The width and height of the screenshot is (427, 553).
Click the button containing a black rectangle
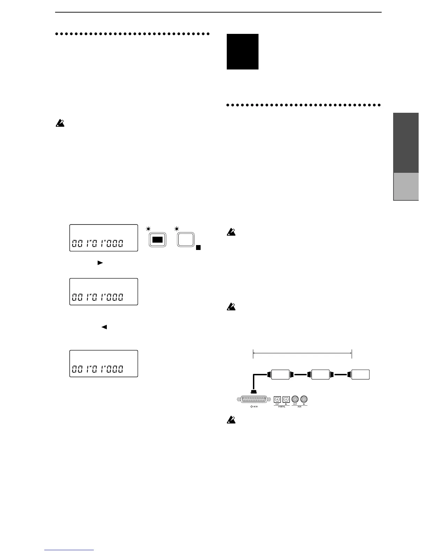click(x=157, y=240)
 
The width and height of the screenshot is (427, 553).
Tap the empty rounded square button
click(x=186, y=240)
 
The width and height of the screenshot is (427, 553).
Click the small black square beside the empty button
click(x=198, y=248)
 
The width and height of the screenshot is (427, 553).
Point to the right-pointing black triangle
click(x=100, y=263)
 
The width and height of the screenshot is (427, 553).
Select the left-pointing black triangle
click(x=104, y=327)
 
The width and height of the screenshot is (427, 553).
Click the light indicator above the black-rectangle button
click(x=149, y=229)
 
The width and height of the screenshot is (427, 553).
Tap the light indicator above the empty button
click(x=177, y=229)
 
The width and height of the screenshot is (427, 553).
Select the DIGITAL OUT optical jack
click(x=277, y=399)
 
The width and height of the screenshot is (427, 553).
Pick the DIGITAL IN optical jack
click(x=286, y=399)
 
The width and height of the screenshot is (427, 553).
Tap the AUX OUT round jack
click(x=295, y=399)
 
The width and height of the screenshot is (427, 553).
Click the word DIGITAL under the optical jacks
click(x=282, y=407)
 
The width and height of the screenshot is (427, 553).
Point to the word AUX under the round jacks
click(x=300, y=407)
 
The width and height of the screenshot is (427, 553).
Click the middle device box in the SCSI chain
click(x=321, y=375)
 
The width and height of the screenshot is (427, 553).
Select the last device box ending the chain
click(x=360, y=375)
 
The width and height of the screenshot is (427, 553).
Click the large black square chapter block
click(x=242, y=52)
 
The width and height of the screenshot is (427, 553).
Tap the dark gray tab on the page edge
click(x=406, y=143)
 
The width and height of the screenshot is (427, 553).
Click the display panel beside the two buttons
click(x=104, y=238)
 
